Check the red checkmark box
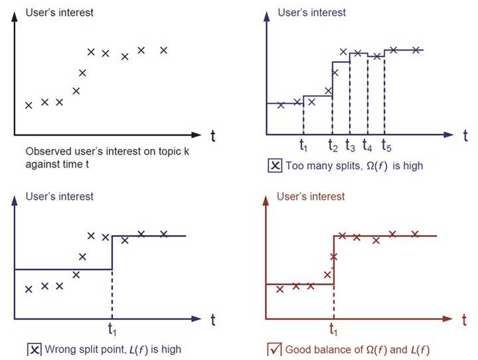pyautogui.click(x=274, y=349)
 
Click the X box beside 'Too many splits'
pyautogui.click(x=274, y=166)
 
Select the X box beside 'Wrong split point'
pyautogui.click(x=35, y=349)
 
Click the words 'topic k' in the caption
pyautogui.click(x=174, y=152)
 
